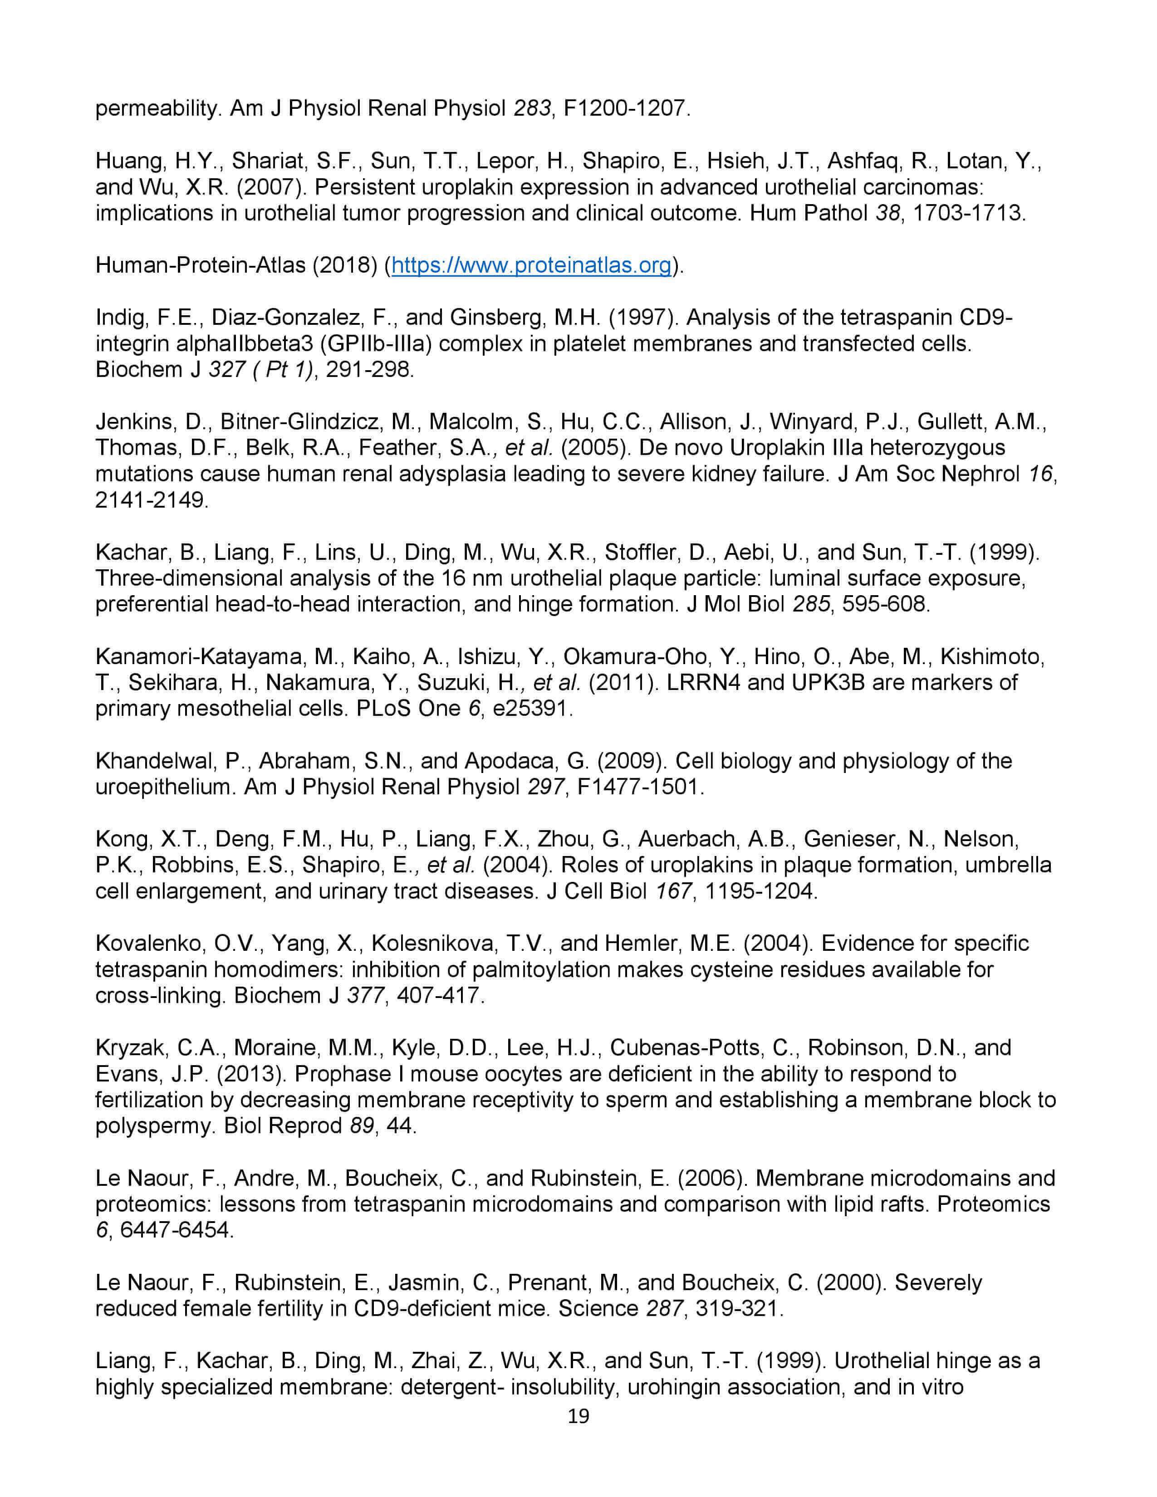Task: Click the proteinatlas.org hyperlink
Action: [531, 265]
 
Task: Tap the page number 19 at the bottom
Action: [578, 1417]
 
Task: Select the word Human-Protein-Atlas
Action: [200, 265]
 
